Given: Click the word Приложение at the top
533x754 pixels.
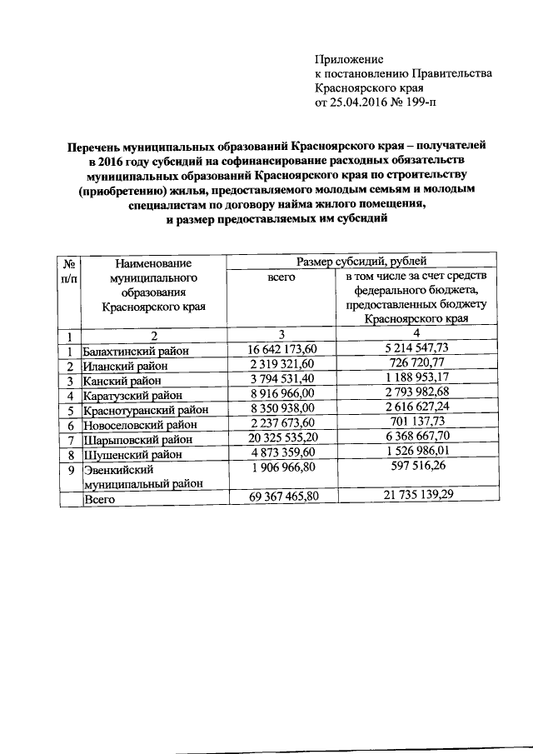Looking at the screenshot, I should pyautogui.click(x=349, y=59).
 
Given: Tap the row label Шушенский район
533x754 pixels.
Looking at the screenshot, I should pyautogui.click(x=133, y=454).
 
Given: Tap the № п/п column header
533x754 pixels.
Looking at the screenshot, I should pyautogui.click(x=70, y=270).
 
